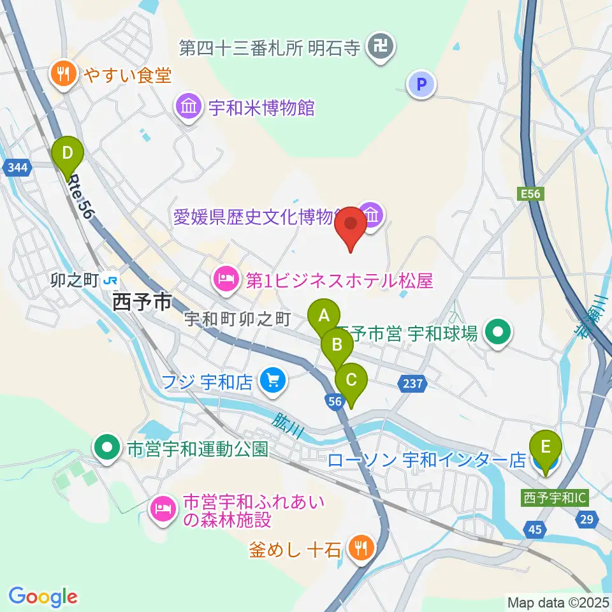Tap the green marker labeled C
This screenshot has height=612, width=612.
click(x=351, y=381)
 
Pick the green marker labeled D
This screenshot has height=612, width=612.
click(x=68, y=153)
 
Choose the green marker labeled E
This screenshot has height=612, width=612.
click(x=546, y=448)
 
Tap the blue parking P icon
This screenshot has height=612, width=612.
click(x=421, y=83)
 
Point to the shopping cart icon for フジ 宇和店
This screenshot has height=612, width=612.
click(x=272, y=382)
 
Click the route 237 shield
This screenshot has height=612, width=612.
click(x=412, y=383)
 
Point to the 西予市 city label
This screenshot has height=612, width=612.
click(x=142, y=302)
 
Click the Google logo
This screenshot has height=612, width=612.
click(x=43, y=597)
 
